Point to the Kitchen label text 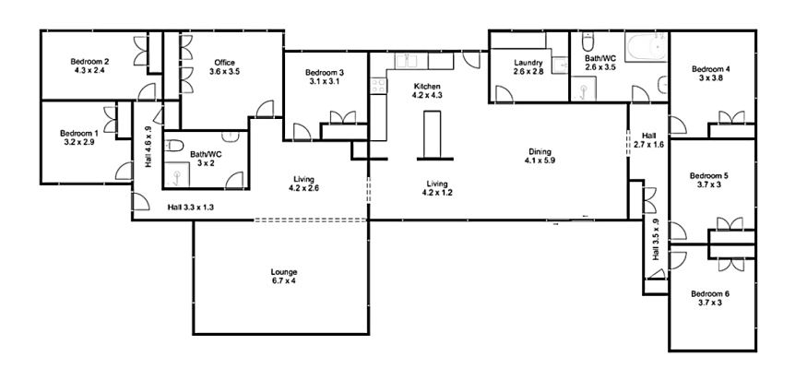pyautogui.click(x=426, y=87)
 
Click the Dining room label pyautogui.click(x=540, y=151)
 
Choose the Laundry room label pyautogui.click(x=528, y=63)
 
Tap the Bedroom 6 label pyautogui.click(x=710, y=294)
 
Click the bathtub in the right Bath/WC pyautogui.click(x=646, y=48)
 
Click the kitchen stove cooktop pyautogui.click(x=378, y=85)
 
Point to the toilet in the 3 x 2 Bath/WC pyautogui.click(x=174, y=146)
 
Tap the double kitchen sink pyautogui.click(x=411, y=61)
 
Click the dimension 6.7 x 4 pyautogui.click(x=283, y=280)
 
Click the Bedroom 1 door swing pyautogui.click(x=124, y=171)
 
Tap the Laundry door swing pyautogui.click(x=504, y=94)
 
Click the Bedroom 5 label pyautogui.click(x=709, y=176)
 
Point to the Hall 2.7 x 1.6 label pyautogui.click(x=648, y=139)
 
